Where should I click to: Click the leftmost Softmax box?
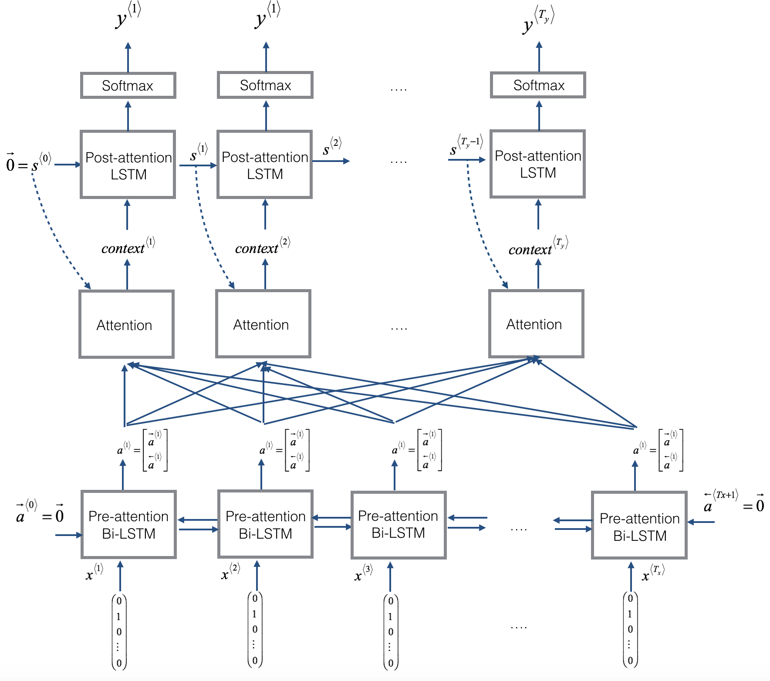point(128,85)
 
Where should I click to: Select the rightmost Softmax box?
point(538,85)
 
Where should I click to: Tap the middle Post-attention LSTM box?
point(265,165)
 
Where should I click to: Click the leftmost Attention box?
point(126,324)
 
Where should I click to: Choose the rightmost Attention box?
point(536,324)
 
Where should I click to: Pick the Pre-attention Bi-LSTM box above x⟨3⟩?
point(399,525)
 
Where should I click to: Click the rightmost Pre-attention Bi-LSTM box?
point(639,526)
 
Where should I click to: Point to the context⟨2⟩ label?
point(262,247)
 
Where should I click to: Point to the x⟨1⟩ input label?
point(94,573)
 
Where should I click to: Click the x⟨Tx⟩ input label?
point(652,573)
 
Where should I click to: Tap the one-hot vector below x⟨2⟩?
point(255,630)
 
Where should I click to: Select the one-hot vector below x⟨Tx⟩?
point(630,630)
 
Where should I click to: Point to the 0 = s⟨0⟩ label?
point(28,163)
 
